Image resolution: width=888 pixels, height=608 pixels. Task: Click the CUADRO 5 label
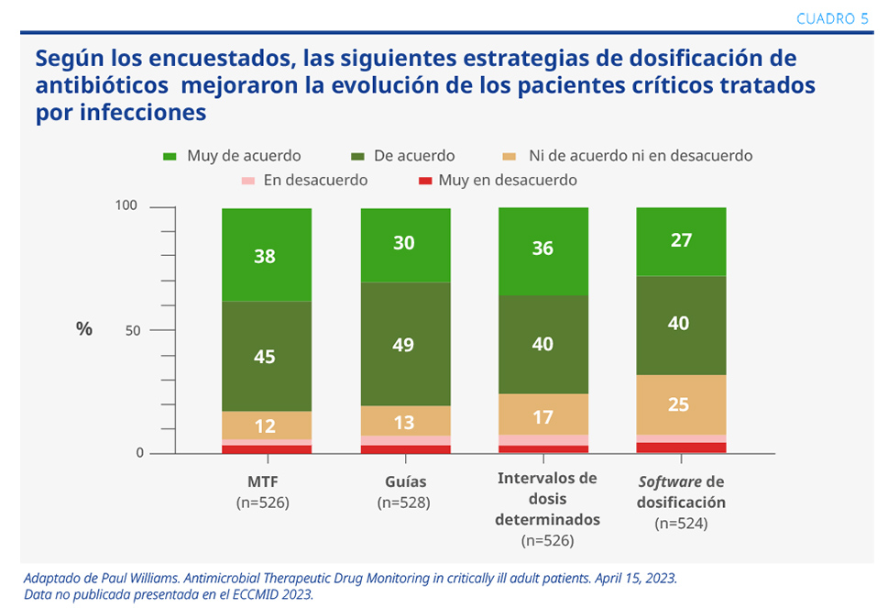point(832,19)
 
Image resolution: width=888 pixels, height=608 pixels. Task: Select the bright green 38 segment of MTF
point(266,255)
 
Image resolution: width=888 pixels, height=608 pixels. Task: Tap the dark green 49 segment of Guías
point(404,344)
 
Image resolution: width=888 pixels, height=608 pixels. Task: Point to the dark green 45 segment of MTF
point(266,356)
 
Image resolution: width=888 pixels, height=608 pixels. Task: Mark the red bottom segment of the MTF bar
point(266,448)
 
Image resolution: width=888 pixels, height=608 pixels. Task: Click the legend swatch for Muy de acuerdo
point(170,157)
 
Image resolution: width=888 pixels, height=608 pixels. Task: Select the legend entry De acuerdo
point(413,156)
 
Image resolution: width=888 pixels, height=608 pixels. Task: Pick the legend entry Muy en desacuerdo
point(508,180)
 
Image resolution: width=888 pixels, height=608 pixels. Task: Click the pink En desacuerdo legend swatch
point(246,181)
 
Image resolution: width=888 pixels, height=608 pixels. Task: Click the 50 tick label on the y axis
point(132,330)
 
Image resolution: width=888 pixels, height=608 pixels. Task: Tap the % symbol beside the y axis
point(84,329)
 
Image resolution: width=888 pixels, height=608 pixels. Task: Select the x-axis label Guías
point(403,481)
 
